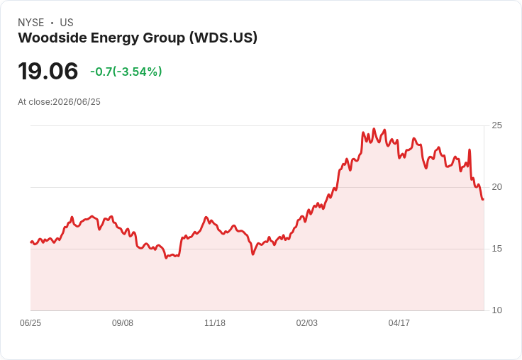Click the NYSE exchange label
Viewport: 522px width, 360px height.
[31, 23]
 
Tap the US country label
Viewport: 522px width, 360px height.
[67, 23]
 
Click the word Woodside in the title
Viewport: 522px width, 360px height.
[52, 38]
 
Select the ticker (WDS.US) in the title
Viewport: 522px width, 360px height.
[223, 38]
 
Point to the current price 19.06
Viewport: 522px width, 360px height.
[48, 71]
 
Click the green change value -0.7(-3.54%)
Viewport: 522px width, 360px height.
[126, 72]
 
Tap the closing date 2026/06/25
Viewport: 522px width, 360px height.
[77, 102]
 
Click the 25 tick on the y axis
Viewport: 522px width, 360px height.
[496, 125]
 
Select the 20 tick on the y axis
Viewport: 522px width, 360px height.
[496, 187]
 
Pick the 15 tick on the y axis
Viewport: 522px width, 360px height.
[496, 249]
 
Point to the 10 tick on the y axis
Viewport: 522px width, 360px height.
[496, 310]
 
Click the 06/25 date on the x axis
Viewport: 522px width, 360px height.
[30, 323]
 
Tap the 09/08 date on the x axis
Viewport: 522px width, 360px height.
[123, 323]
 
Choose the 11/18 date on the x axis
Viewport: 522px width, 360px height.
[215, 323]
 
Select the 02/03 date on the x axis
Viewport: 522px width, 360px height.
[307, 323]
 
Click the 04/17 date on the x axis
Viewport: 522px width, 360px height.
[399, 323]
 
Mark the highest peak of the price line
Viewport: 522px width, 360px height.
[374, 129]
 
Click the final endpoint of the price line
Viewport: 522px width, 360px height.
[483, 199]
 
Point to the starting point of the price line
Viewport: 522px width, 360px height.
[31, 242]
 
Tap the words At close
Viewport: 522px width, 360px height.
[34, 102]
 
